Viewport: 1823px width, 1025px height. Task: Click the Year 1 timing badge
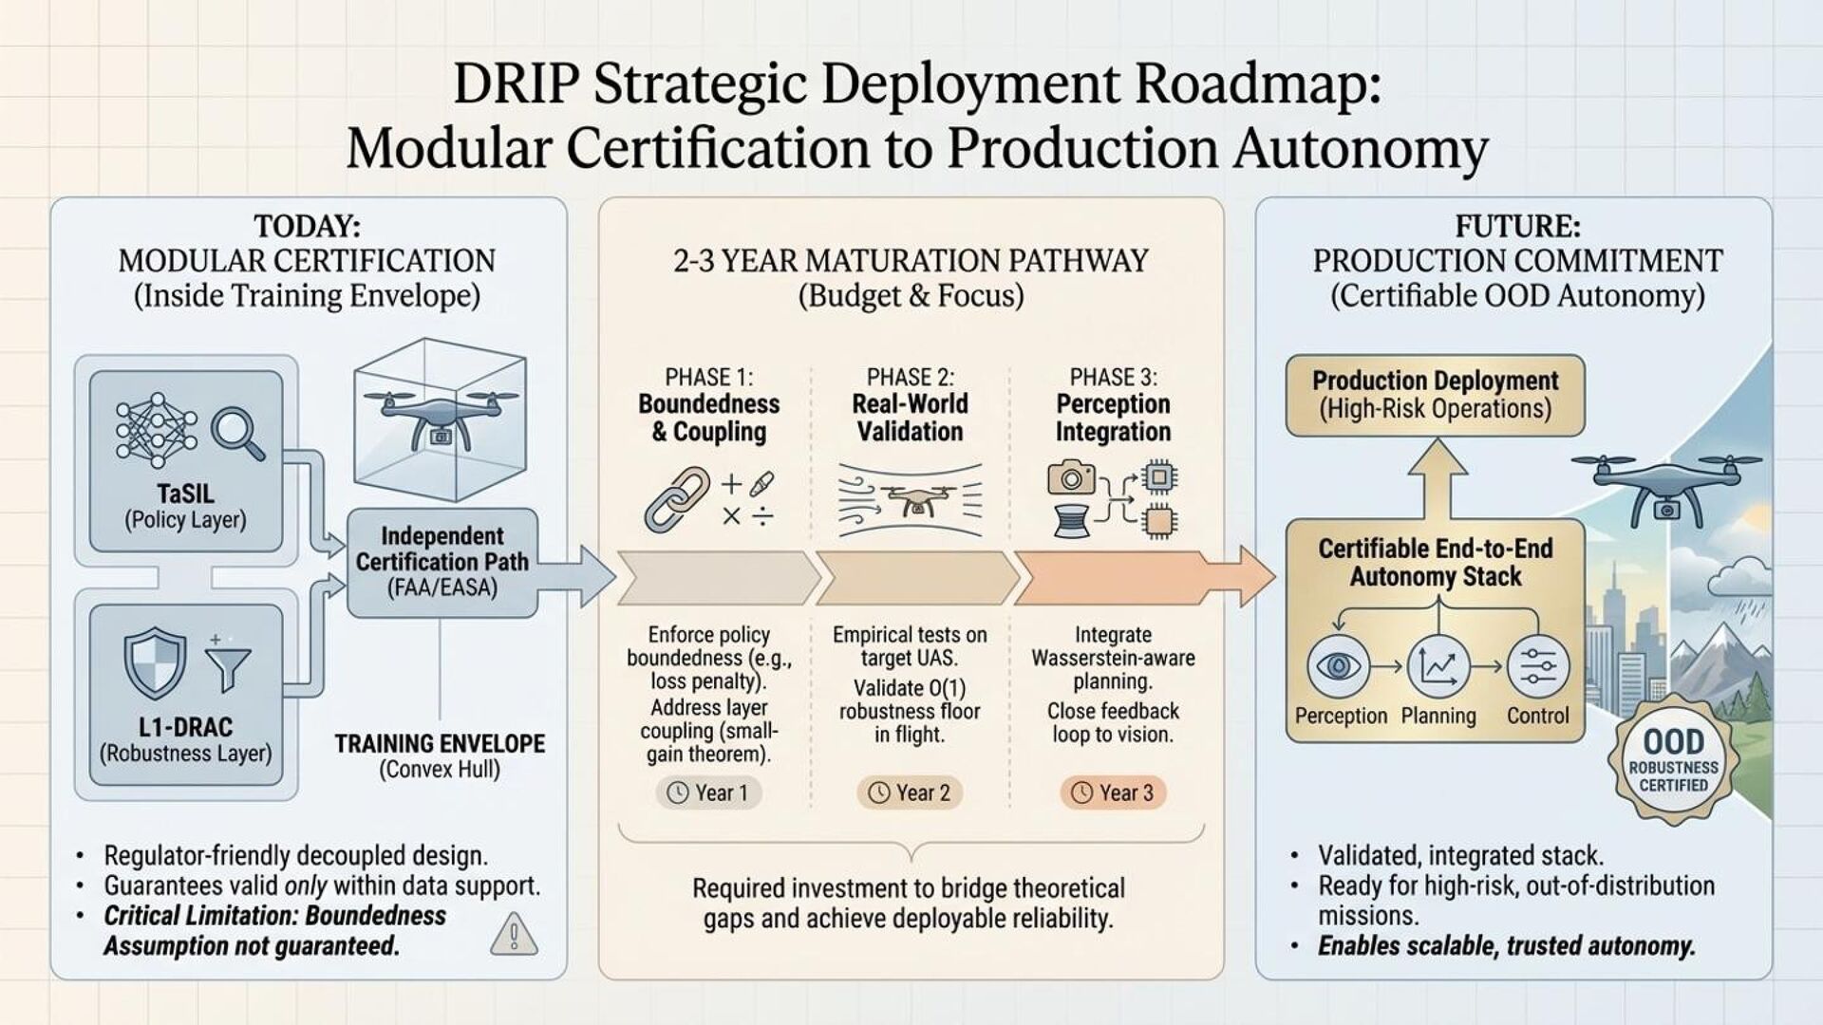tap(708, 792)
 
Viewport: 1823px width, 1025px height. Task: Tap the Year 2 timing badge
tap(910, 792)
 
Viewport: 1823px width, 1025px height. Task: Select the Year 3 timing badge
tap(1112, 792)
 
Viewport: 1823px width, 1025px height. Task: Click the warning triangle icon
tap(514, 934)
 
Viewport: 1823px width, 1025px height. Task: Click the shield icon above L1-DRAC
tap(156, 662)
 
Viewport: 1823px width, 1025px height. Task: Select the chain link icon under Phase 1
tap(676, 497)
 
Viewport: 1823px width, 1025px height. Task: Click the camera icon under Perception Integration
tap(1071, 477)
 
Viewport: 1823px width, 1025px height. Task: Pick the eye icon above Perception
tap(1338, 666)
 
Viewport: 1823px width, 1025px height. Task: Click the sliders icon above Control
tap(1537, 666)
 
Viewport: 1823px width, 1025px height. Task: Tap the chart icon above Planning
tap(1438, 666)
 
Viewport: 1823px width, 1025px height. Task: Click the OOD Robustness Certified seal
tap(1673, 762)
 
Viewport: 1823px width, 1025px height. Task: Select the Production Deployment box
tap(1435, 395)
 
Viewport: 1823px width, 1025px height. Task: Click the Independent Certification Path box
tap(442, 562)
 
